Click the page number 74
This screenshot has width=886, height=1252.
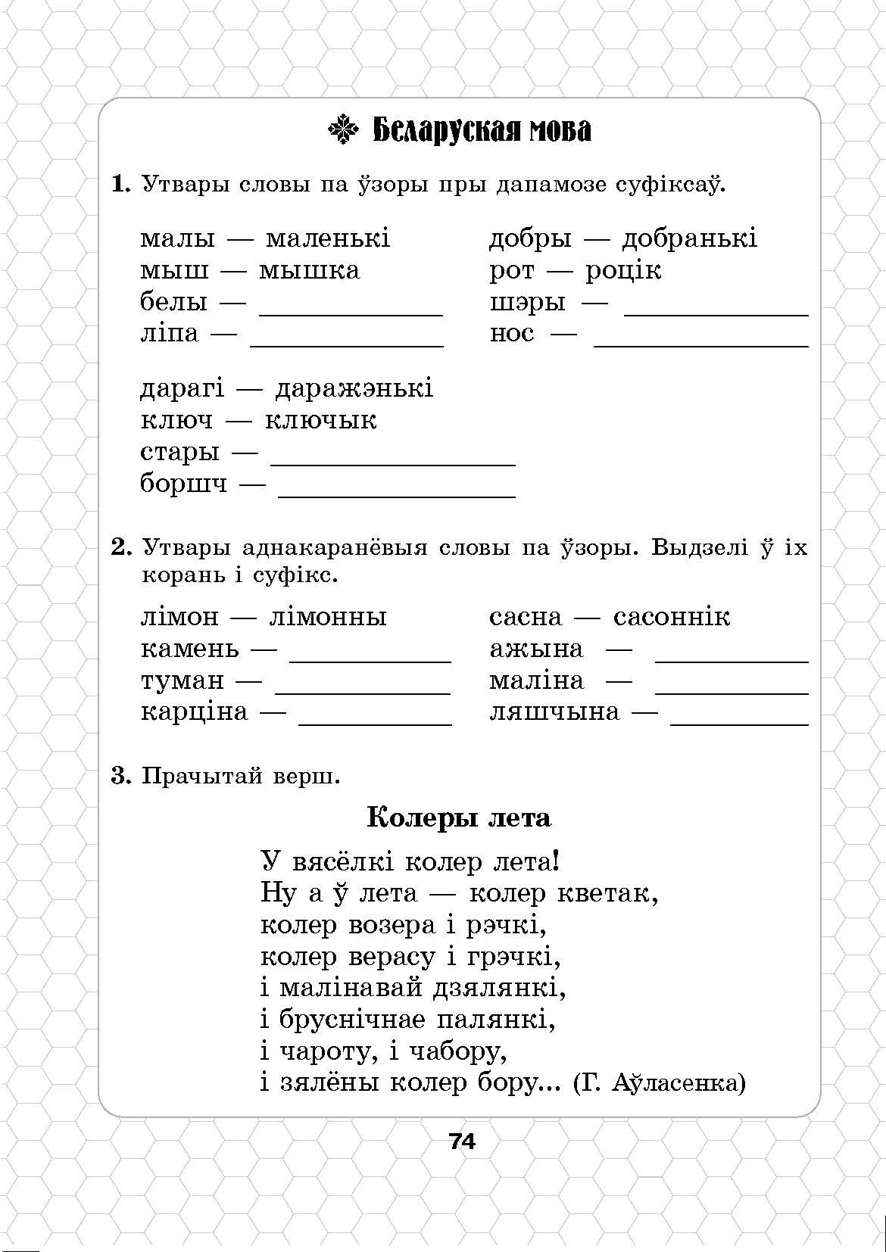click(x=462, y=1141)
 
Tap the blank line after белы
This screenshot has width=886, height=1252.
click(x=351, y=312)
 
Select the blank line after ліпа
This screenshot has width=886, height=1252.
click(x=346, y=344)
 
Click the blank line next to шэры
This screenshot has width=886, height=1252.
click(x=716, y=312)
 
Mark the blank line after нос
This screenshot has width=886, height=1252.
click(x=700, y=344)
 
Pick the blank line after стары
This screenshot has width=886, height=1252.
click(x=392, y=462)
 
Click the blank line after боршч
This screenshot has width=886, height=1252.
click(x=397, y=494)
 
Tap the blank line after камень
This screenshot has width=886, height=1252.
click(x=370, y=659)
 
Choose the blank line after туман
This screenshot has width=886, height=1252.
click(x=363, y=691)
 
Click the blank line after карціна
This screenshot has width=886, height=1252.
click(x=375, y=723)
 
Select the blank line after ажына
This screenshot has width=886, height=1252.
click(x=731, y=659)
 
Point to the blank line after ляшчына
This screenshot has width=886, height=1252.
click(x=739, y=723)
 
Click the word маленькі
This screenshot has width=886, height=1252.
click(x=328, y=238)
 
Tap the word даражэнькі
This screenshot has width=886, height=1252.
click(x=354, y=388)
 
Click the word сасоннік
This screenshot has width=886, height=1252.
click(x=672, y=617)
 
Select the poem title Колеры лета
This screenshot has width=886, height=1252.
click(x=459, y=818)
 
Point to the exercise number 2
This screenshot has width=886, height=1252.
click(x=121, y=547)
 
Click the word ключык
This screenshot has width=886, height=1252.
click(x=320, y=420)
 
